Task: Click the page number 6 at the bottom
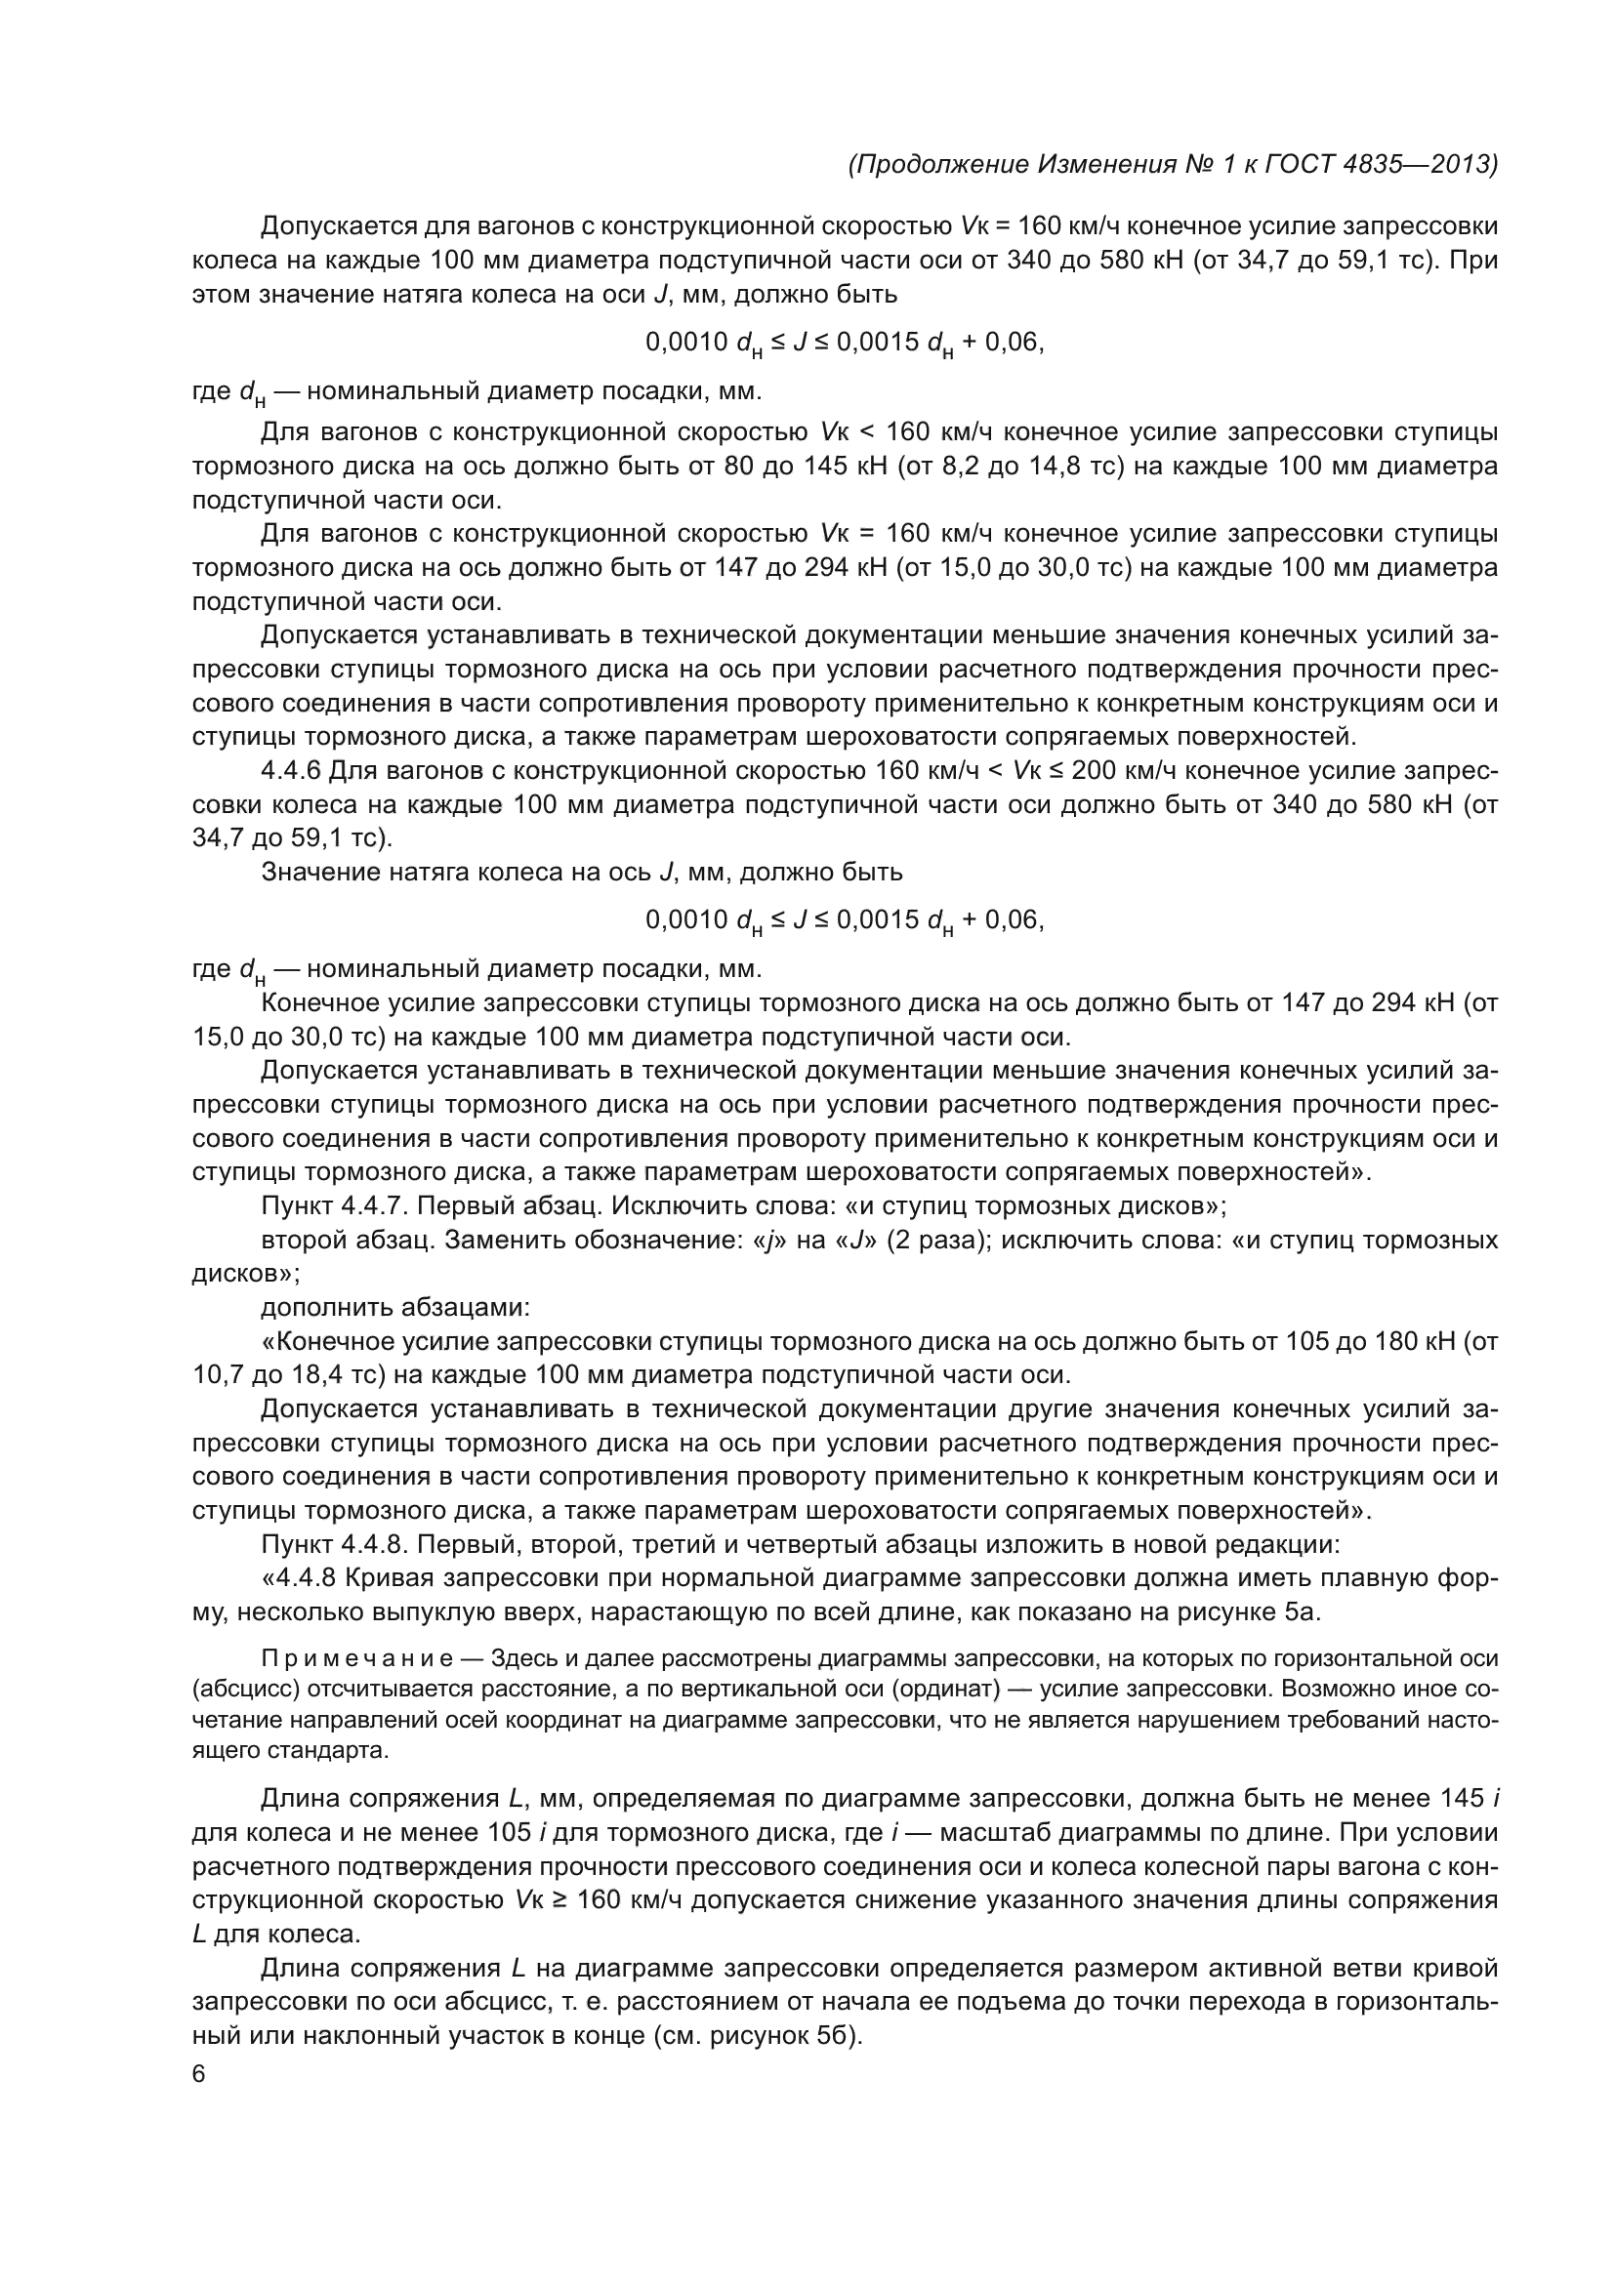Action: [x=198, y=2074]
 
